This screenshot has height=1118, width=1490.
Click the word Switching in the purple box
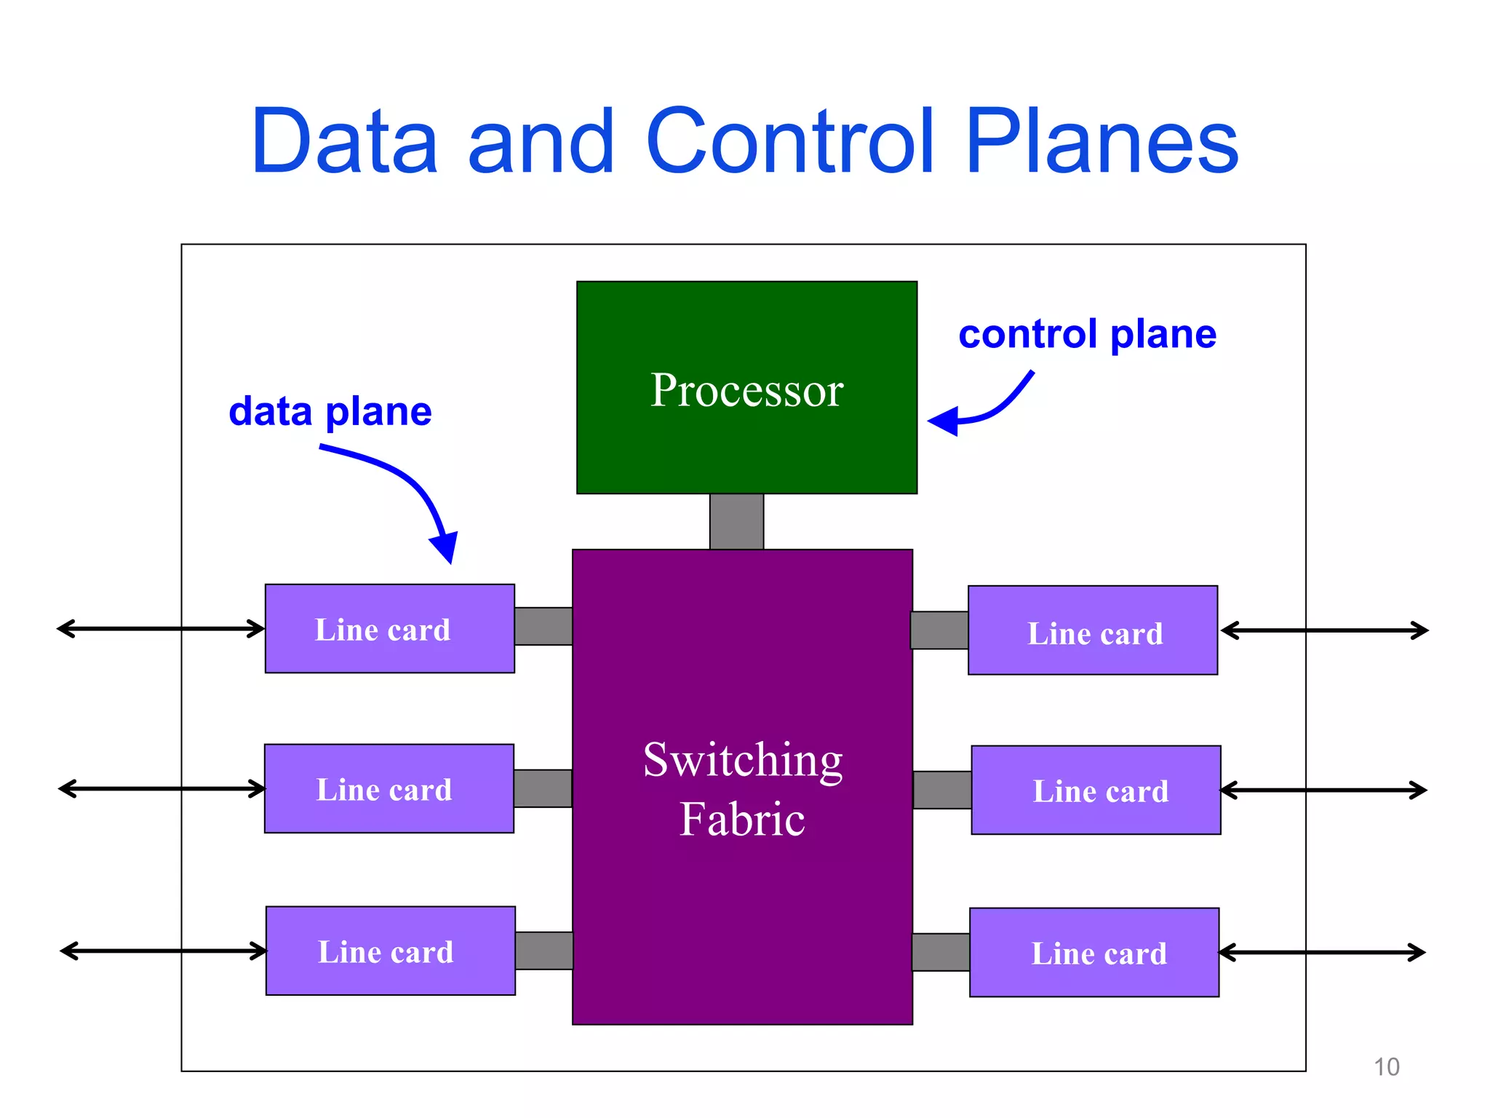(743, 761)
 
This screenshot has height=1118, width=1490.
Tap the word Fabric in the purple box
(742, 820)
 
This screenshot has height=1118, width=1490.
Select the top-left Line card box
(389, 629)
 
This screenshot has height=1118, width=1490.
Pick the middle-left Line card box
(389, 789)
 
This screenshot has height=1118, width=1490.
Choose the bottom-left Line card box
(391, 951)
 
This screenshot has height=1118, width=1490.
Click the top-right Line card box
(1093, 631)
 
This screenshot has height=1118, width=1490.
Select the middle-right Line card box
(1096, 790)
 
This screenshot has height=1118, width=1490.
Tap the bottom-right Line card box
(1094, 953)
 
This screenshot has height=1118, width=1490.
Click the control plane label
(1087, 335)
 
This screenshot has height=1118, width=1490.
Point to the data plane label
(330, 412)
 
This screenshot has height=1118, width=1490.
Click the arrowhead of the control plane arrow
(944, 421)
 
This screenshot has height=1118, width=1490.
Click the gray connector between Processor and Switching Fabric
(736, 521)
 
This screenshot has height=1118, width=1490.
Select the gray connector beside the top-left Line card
(543, 627)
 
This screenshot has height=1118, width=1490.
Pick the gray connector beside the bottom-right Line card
(941, 953)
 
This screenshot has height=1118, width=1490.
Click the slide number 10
(1386, 1067)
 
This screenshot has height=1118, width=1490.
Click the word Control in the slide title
(789, 141)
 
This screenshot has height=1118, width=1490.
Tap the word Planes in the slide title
(1101, 141)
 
